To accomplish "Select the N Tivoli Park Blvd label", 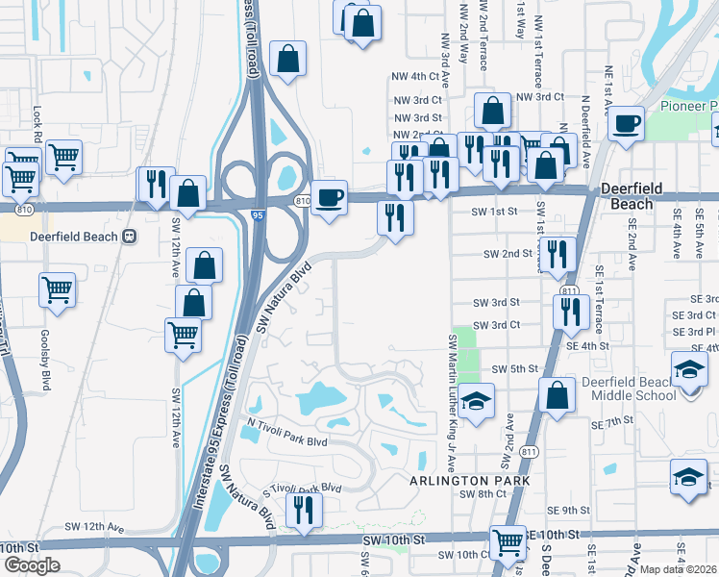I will pos(288,434).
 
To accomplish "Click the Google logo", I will pos(32,565).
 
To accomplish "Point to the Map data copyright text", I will pos(678,569).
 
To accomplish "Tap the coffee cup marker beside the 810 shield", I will pos(330,198).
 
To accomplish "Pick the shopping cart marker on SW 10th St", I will pos(508,543).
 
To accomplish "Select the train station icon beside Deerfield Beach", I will pos(129,237).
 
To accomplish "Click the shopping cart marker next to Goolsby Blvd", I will pos(58,289).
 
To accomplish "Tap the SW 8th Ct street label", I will pos(483,494).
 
